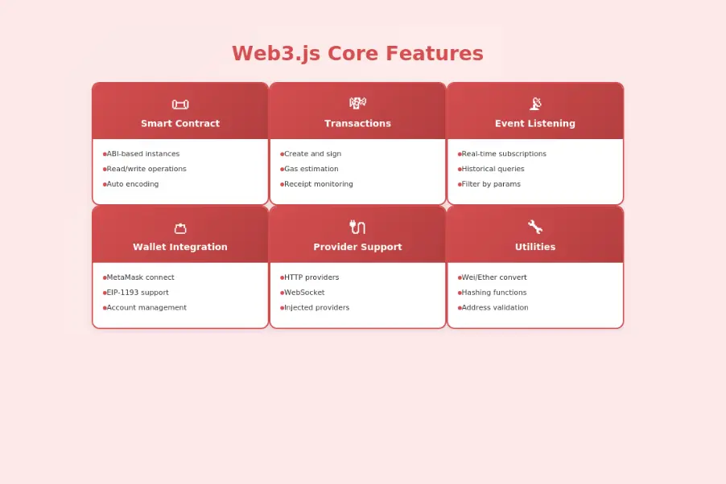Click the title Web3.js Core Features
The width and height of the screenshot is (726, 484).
tap(357, 54)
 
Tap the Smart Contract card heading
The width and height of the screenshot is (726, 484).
tap(180, 124)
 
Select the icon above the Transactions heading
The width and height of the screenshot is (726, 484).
tap(357, 103)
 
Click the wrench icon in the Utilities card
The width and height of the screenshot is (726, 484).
tap(535, 227)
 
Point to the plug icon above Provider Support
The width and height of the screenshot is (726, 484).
tap(357, 227)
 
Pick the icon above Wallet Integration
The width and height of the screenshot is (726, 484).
tap(180, 228)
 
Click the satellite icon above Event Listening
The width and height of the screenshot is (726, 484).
tap(535, 103)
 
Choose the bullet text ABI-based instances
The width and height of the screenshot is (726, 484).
tap(143, 154)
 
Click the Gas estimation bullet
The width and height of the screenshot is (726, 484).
tap(311, 169)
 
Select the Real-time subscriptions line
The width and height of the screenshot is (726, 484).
tap(504, 154)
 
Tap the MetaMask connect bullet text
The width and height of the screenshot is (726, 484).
tap(141, 277)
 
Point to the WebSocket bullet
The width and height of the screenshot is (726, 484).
tap(304, 293)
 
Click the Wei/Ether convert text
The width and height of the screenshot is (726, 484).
tap(494, 277)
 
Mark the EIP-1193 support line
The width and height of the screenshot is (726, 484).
tap(138, 293)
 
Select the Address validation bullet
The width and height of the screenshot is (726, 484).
tap(495, 308)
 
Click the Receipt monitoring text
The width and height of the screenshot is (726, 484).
tap(319, 184)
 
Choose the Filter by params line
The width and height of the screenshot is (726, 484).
tap(491, 184)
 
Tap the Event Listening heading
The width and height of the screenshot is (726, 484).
tap(535, 124)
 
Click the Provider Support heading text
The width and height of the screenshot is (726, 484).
tap(357, 247)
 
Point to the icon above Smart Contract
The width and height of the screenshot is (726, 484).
tap(180, 104)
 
